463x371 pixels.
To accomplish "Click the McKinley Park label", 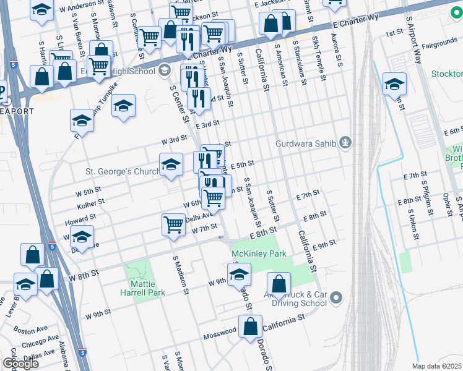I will (259, 254).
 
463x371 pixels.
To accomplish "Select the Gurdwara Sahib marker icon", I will (346, 143).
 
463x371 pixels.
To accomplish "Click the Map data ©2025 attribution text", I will (436, 366).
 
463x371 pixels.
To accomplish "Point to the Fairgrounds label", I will (423, 46).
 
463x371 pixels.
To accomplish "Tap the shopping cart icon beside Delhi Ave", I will (173, 224).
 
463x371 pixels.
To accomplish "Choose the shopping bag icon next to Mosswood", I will (250, 327).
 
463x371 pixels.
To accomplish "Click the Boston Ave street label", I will (30, 331).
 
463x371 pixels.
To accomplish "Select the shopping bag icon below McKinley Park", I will (279, 284).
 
